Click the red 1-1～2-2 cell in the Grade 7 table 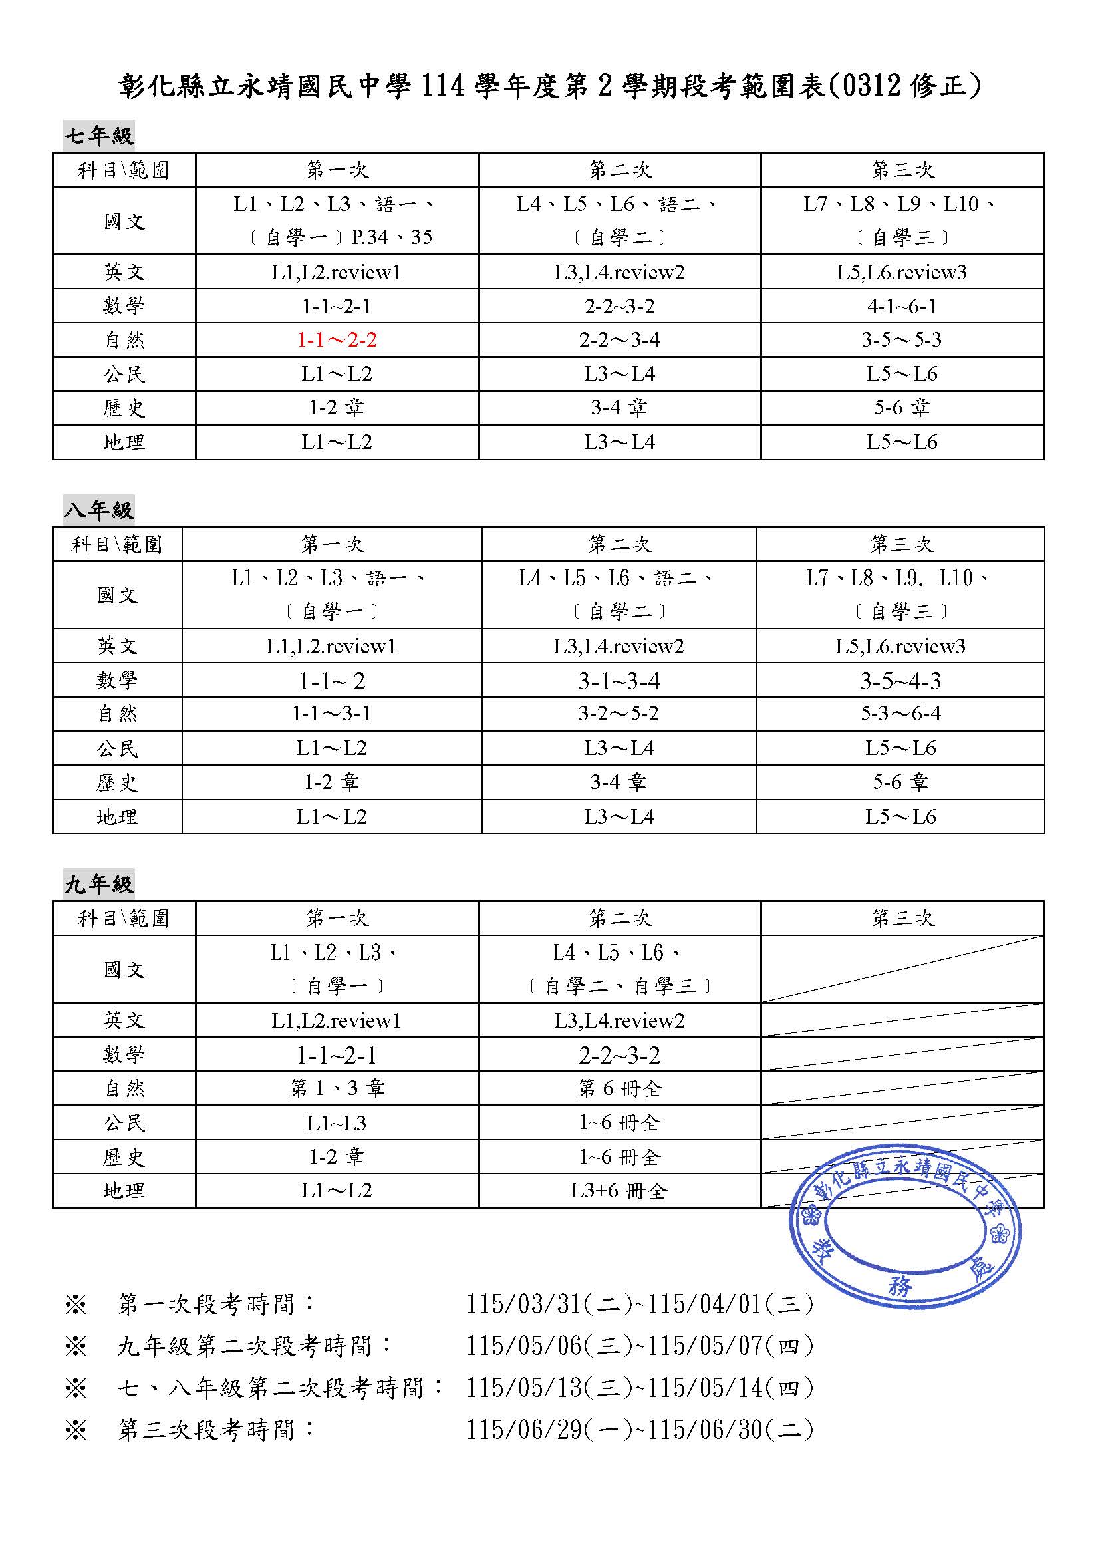[337, 339]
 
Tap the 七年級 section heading [99, 136]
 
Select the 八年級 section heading [99, 510]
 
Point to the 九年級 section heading [99, 883]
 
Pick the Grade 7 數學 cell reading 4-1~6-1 [902, 306]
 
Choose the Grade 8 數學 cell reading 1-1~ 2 [332, 681]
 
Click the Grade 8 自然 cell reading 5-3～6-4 [900, 714]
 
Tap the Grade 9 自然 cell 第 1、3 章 [337, 1088]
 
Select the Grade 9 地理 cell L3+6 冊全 [619, 1191]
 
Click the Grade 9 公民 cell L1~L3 [337, 1123]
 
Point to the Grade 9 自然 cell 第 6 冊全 [619, 1088]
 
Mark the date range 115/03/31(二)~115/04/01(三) [639, 1304]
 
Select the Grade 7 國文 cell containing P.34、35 [337, 221]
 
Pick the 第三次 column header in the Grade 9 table [902, 918]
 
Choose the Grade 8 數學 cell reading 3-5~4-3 [900, 681]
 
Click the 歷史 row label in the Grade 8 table [116, 783]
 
